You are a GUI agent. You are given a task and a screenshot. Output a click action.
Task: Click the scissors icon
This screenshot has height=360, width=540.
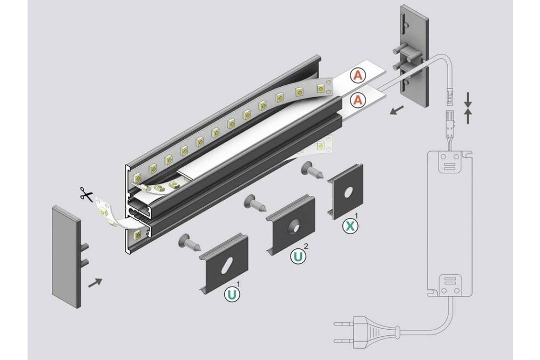coord(85,194)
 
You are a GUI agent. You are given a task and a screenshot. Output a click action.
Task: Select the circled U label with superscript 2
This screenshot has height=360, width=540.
coord(298,256)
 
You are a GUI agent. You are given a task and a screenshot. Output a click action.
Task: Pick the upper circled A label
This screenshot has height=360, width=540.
coord(357,76)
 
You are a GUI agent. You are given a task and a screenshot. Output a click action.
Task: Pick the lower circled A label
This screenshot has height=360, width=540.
coord(357,99)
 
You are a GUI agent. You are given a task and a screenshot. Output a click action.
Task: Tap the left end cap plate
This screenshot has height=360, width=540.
coord(65,256)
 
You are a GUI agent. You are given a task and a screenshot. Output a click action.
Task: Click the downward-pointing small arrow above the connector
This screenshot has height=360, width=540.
coord(468,98)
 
